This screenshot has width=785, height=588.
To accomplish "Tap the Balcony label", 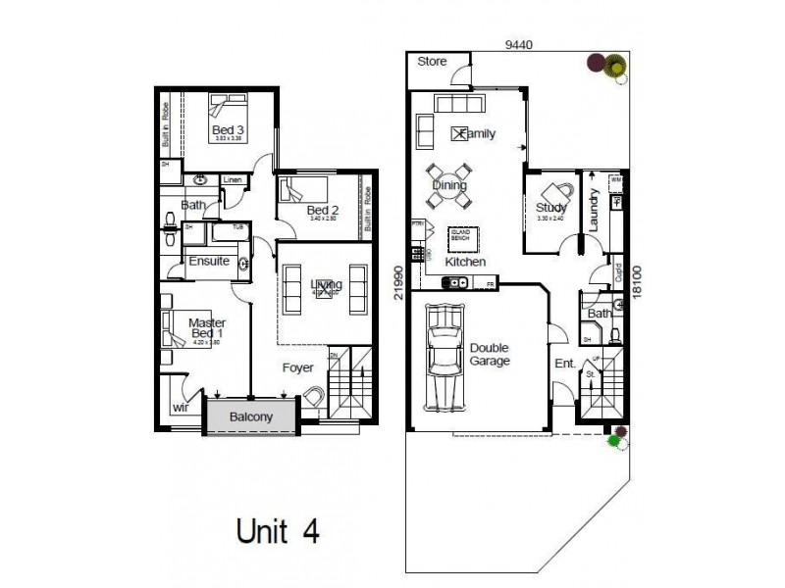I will tap(251, 416).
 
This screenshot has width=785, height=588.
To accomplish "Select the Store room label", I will tap(433, 62).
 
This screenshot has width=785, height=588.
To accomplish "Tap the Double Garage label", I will tap(490, 355).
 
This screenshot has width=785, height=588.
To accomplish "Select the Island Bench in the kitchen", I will tap(460, 236).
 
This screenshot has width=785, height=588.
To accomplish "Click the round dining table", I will tap(448, 185).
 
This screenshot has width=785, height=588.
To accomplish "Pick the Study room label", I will tap(550, 208).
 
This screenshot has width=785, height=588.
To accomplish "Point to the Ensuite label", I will tap(209, 262).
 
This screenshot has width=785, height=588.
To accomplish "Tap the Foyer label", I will tap(297, 368).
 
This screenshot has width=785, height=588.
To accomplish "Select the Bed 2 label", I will tap(322, 211).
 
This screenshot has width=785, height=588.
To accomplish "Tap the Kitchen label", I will tap(465, 263).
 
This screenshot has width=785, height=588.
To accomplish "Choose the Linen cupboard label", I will tap(233, 180).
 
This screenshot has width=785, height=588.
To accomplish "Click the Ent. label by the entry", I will tap(565, 364).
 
